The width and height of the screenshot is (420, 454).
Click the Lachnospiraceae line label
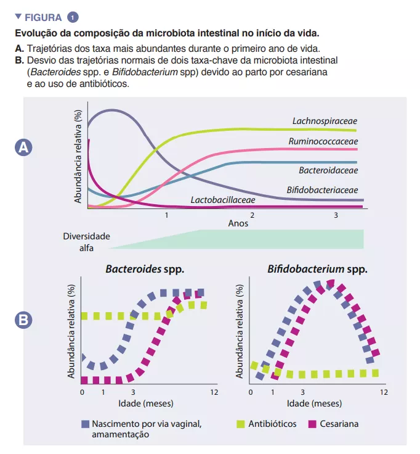(325, 121)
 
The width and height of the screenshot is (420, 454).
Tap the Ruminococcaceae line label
(323, 141)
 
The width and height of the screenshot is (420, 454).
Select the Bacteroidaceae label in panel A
(328, 170)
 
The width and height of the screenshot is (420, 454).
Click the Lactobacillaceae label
(222, 200)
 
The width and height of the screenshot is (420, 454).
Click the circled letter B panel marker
(23, 320)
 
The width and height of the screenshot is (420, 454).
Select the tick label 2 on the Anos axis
(252, 216)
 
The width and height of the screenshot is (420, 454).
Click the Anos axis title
(238, 223)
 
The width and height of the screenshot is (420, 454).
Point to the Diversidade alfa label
(86, 241)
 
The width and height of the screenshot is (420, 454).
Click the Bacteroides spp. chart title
(145, 269)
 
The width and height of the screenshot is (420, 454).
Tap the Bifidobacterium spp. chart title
(317, 269)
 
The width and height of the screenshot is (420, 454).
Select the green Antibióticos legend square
(241, 424)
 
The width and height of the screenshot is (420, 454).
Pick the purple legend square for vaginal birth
(85, 424)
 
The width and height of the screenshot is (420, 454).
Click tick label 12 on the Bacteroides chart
(214, 392)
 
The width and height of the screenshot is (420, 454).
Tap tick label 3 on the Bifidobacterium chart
(302, 392)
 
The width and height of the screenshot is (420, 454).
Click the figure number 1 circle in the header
(74, 17)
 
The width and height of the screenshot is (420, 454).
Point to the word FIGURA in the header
(42, 17)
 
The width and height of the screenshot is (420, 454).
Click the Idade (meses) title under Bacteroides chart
(145, 403)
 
